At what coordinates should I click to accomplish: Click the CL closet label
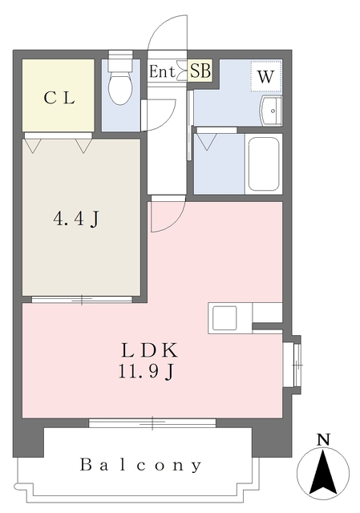[59, 98]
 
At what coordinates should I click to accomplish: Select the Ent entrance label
[162, 71]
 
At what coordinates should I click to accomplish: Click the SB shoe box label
[200, 70]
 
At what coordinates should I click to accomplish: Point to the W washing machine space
[266, 76]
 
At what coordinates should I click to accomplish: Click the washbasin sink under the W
[271, 111]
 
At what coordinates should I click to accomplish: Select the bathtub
[264, 164]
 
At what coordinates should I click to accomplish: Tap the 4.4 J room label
[75, 219]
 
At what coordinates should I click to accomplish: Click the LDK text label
[150, 350]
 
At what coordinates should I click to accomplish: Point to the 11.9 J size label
[146, 371]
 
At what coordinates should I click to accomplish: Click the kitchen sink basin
[224, 318]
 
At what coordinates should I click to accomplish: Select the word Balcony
[141, 465]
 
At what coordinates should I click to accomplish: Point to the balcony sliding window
[152, 422]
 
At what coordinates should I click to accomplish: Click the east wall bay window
[296, 365]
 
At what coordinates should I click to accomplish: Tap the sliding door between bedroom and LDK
[82, 299]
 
